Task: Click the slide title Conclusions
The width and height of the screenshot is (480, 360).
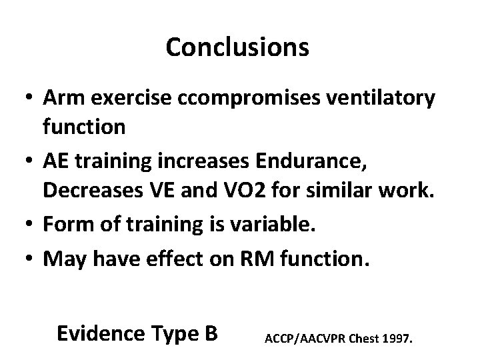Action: tap(237, 47)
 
